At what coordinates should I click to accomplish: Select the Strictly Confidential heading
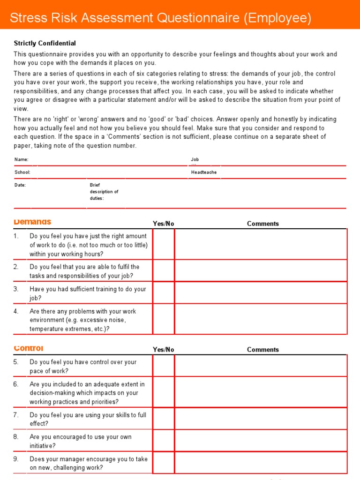pos(45,43)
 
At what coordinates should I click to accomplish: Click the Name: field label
pos(21,160)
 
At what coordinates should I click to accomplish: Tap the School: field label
pos(22,172)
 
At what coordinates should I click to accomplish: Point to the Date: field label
pos(20,185)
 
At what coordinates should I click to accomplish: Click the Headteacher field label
pos(204,172)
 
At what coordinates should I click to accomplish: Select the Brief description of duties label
pos(104,192)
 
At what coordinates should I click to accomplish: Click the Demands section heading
pos(32,222)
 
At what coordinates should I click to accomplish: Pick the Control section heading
pos(29,348)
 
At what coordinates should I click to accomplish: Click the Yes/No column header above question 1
pos(163,224)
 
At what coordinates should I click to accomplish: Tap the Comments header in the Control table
pos(262,350)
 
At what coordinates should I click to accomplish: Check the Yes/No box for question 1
pos(163,245)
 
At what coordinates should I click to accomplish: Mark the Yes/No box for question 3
pos(163,293)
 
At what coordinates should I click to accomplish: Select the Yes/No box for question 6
pos(163,392)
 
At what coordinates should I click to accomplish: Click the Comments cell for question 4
pos(261,320)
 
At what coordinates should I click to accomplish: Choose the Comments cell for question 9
pos(261,463)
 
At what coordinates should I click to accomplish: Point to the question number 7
pos(16,415)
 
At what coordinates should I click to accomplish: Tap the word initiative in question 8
pos(42,446)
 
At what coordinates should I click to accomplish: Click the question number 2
pos(16,267)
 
